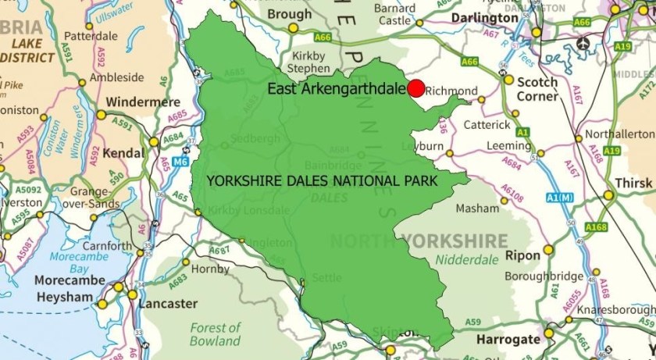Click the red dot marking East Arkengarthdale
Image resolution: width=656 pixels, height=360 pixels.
click(415, 88)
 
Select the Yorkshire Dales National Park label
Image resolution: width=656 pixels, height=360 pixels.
click(321, 180)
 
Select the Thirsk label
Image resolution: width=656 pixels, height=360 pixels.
click(629, 181)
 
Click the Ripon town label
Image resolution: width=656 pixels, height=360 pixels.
click(522, 255)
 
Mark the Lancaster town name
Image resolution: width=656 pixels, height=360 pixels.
click(168, 303)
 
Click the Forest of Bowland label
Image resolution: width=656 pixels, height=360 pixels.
click(214, 334)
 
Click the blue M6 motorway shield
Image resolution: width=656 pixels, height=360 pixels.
click(181, 162)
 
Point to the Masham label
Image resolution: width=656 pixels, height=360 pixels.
click(477, 209)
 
